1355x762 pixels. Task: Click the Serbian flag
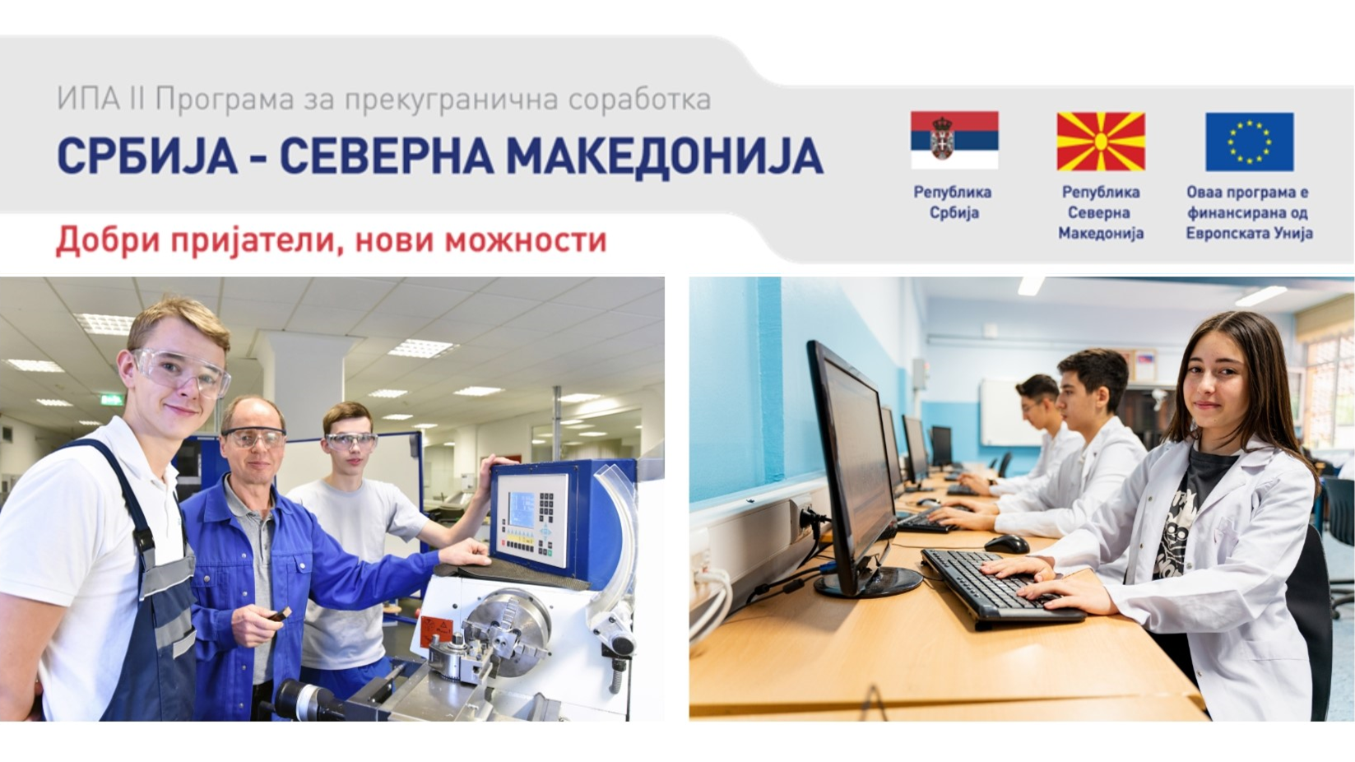(x=954, y=140)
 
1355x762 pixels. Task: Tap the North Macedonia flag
(x=1101, y=141)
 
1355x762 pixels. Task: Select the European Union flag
(x=1250, y=142)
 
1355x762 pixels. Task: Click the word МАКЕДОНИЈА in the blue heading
(x=664, y=156)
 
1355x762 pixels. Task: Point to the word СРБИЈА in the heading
(x=146, y=156)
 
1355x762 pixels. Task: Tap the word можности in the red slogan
(x=526, y=240)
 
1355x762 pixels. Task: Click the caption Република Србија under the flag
(x=953, y=202)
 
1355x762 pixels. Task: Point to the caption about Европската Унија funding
(x=1249, y=212)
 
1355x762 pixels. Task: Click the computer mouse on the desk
(x=1006, y=543)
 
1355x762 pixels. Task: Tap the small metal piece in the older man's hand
(x=280, y=615)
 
